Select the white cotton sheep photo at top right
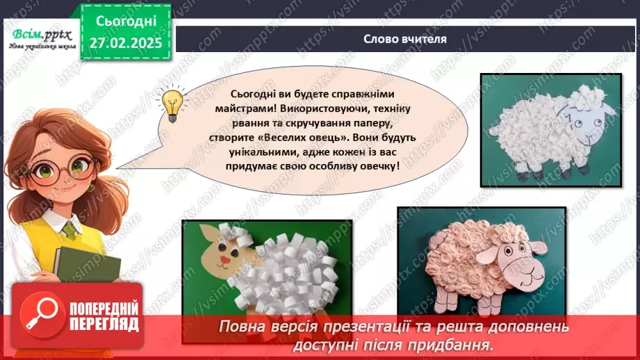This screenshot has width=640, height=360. pos(549,129)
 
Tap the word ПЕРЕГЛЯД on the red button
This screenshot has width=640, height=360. pos(104,323)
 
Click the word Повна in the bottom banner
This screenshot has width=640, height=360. pos(241,326)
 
